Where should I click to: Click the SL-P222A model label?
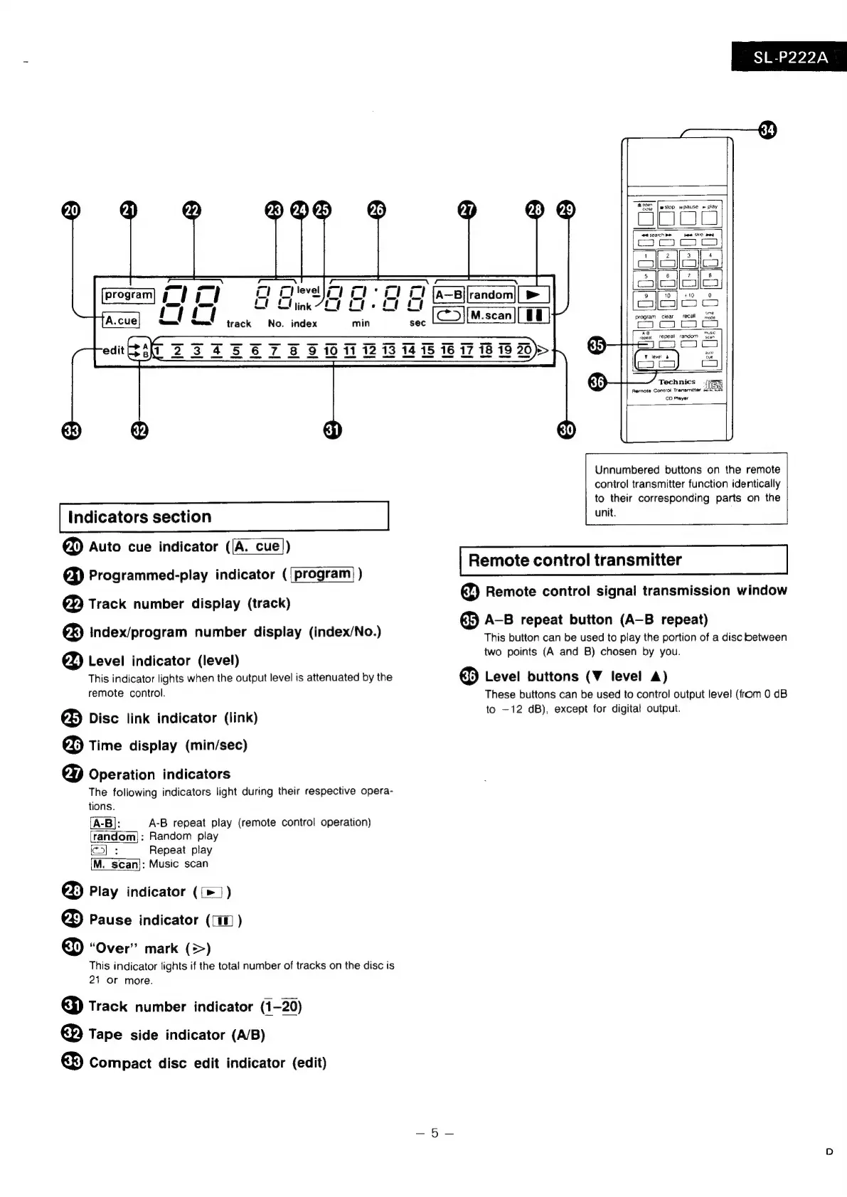(790, 57)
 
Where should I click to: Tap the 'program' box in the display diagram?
(128, 294)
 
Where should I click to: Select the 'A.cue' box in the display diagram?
(121, 320)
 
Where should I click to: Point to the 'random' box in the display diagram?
(491, 294)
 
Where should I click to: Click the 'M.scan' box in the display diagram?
(491, 315)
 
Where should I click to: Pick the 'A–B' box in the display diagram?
(449, 294)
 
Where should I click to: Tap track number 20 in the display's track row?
(523, 350)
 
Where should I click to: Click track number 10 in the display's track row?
(331, 350)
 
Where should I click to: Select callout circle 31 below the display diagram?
(333, 430)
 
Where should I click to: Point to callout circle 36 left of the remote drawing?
(598, 383)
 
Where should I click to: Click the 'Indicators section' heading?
(139, 516)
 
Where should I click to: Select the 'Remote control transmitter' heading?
(575, 560)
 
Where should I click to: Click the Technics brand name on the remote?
(676, 382)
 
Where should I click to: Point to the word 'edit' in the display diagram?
(113, 350)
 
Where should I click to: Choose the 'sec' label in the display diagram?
(417, 323)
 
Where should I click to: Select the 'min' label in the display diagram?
(361, 323)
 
